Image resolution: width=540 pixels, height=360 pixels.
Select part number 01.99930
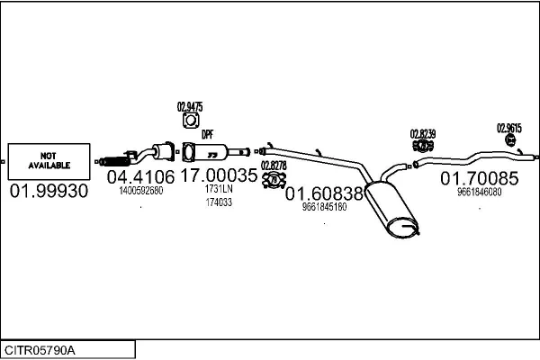point(49,191)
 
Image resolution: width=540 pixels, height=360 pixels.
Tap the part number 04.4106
point(140,177)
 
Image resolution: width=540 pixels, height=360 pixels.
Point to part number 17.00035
point(219,175)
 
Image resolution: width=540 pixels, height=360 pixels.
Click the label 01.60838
point(324,193)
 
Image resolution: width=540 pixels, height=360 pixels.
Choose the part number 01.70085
point(479,178)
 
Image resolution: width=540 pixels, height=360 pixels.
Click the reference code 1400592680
point(141,191)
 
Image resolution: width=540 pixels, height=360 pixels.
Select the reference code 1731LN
point(219,189)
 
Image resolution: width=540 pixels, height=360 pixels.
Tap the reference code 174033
point(219,202)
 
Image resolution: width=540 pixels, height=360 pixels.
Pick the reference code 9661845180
point(324,207)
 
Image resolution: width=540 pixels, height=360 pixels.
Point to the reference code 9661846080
point(479,192)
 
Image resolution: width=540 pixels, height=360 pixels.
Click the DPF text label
point(207,134)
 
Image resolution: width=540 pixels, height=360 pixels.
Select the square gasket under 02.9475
point(191,121)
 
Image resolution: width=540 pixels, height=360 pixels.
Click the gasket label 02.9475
point(190,107)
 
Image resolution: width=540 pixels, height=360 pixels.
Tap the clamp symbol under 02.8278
point(274,180)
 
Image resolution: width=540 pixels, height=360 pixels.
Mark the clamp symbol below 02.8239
point(423,146)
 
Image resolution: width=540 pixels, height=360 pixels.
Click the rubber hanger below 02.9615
point(510,139)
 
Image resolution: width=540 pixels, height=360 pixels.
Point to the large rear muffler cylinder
point(391,209)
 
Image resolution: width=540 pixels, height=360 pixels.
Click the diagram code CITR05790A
point(40,351)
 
